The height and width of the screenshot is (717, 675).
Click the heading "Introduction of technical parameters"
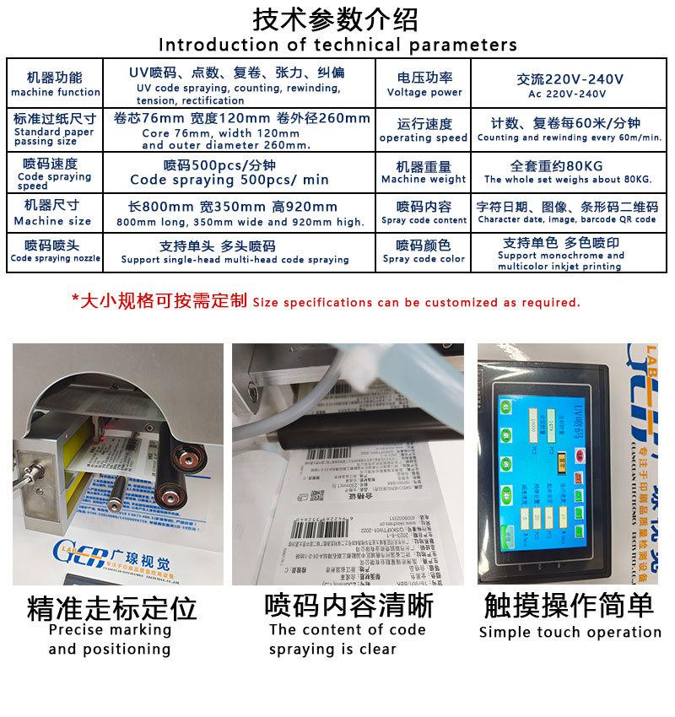point(337,44)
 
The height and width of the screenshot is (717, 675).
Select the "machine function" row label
point(56,92)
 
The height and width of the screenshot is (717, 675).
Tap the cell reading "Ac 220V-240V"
point(570,94)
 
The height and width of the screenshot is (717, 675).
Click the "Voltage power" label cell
point(424,92)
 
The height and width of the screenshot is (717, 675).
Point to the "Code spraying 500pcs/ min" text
point(229,180)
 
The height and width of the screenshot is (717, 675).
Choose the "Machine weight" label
point(424,179)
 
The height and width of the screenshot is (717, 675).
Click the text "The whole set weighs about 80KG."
point(569,180)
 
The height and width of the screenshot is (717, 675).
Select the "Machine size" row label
point(52,221)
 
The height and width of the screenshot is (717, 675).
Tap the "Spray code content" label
point(424,220)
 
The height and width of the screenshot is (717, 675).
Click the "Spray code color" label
point(424,259)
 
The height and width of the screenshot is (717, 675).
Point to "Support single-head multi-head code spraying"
point(235,260)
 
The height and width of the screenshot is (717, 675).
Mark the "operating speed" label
point(424,137)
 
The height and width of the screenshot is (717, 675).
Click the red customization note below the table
point(326,301)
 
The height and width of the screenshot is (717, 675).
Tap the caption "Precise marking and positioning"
point(110,639)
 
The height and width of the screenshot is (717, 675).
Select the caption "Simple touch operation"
point(570,632)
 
